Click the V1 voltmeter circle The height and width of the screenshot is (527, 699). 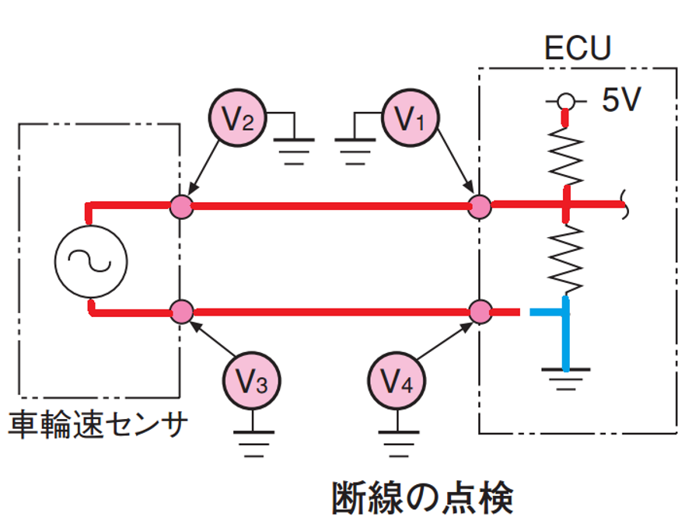pos(411,118)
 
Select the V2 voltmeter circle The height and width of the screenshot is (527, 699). pos(238,118)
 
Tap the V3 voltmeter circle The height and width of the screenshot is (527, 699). pos(252,381)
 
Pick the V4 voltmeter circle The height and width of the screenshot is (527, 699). pos(397,381)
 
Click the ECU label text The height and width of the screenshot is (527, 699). pos(577,47)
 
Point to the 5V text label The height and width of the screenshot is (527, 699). pos(621,99)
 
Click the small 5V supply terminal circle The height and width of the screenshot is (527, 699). pos(566,102)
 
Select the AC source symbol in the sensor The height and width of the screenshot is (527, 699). pos(91,261)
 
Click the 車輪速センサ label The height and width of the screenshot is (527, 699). pos(97,424)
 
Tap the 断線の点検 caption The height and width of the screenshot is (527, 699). pos(422,497)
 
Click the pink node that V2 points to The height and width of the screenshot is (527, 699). pos(181,207)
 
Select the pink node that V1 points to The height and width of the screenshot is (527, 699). pos(480,207)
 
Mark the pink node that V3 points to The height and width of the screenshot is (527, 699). pos(182,312)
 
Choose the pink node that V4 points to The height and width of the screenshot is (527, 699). pos(480,312)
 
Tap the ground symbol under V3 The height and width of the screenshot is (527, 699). pos(253,444)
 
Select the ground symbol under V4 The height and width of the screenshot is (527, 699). pos(398,444)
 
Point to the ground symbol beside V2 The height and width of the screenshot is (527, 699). pos(294,152)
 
